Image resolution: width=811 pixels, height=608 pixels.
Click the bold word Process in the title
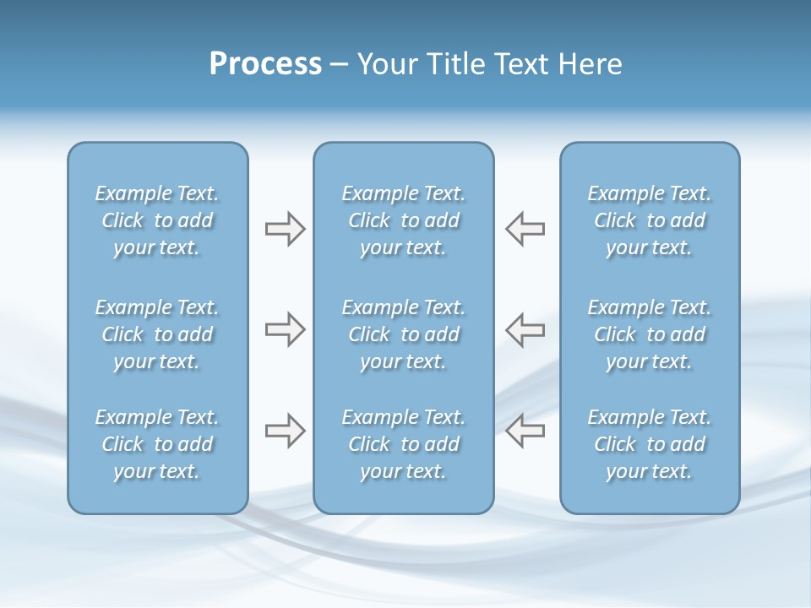pyautogui.click(x=265, y=64)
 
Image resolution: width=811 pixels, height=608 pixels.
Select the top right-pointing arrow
pyautogui.click(x=285, y=229)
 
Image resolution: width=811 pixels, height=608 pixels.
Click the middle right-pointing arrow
pyautogui.click(x=285, y=329)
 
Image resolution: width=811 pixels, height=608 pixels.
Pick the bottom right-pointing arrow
pyautogui.click(x=285, y=431)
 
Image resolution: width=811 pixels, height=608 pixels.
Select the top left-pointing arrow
pyautogui.click(x=525, y=229)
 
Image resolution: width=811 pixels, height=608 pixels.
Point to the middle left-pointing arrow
pyautogui.click(x=525, y=329)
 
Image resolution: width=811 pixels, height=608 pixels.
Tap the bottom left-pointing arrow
pyautogui.click(x=525, y=431)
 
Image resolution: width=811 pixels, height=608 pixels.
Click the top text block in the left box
pyautogui.click(x=157, y=220)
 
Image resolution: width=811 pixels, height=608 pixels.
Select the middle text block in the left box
pyautogui.click(x=157, y=334)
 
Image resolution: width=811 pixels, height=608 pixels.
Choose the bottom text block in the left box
pyautogui.click(x=157, y=444)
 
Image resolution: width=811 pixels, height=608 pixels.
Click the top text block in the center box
pyautogui.click(x=403, y=220)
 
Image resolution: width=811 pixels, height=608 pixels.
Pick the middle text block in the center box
pyautogui.click(x=403, y=334)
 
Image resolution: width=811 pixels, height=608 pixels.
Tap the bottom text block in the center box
pyautogui.click(x=403, y=444)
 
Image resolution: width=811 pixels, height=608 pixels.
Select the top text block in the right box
pyautogui.click(x=649, y=220)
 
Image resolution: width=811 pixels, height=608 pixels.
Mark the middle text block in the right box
pyautogui.click(x=649, y=334)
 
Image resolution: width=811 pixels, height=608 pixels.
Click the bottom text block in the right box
pyautogui.click(x=649, y=444)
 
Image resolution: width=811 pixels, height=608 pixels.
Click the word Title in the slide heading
pyautogui.click(x=453, y=64)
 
